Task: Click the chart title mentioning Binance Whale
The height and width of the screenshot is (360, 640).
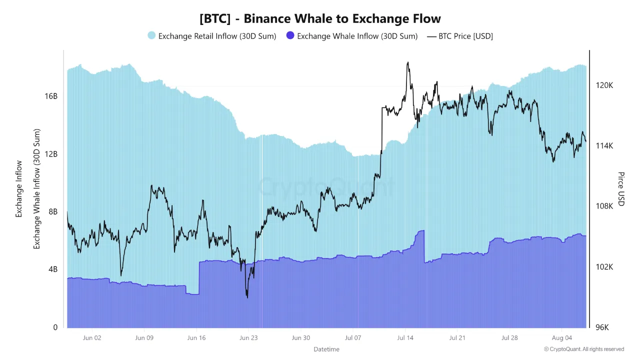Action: pos(320,19)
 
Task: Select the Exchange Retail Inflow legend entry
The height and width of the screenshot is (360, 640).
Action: pos(211,36)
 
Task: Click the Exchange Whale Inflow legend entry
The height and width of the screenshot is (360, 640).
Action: pos(351,36)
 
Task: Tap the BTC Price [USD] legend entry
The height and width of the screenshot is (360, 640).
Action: pos(460,36)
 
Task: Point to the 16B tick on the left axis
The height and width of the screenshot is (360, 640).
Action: pos(51,96)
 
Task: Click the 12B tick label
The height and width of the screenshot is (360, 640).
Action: pos(51,154)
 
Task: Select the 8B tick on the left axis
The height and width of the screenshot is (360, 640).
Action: pos(53,211)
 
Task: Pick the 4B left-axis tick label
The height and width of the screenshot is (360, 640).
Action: pos(52,269)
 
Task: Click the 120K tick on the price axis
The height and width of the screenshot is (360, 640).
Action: pos(604,85)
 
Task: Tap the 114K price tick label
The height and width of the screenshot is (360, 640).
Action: pos(604,146)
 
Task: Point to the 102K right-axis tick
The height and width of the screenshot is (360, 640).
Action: pos(604,267)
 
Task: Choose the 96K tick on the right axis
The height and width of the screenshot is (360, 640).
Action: pos(602,327)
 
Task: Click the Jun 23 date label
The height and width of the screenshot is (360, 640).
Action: pos(248,338)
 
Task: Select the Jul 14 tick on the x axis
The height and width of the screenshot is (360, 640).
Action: pos(405,338)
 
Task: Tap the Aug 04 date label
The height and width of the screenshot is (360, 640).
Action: pos(561,338)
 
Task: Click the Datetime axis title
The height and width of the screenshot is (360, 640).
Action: pos(326,349)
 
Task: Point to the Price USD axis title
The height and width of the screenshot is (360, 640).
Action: pos(621,188)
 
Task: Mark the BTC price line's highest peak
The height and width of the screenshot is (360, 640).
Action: pos(408,62)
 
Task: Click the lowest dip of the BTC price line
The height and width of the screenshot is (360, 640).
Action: pos(247,297)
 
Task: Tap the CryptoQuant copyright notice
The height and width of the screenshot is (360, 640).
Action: pos(584,349)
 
